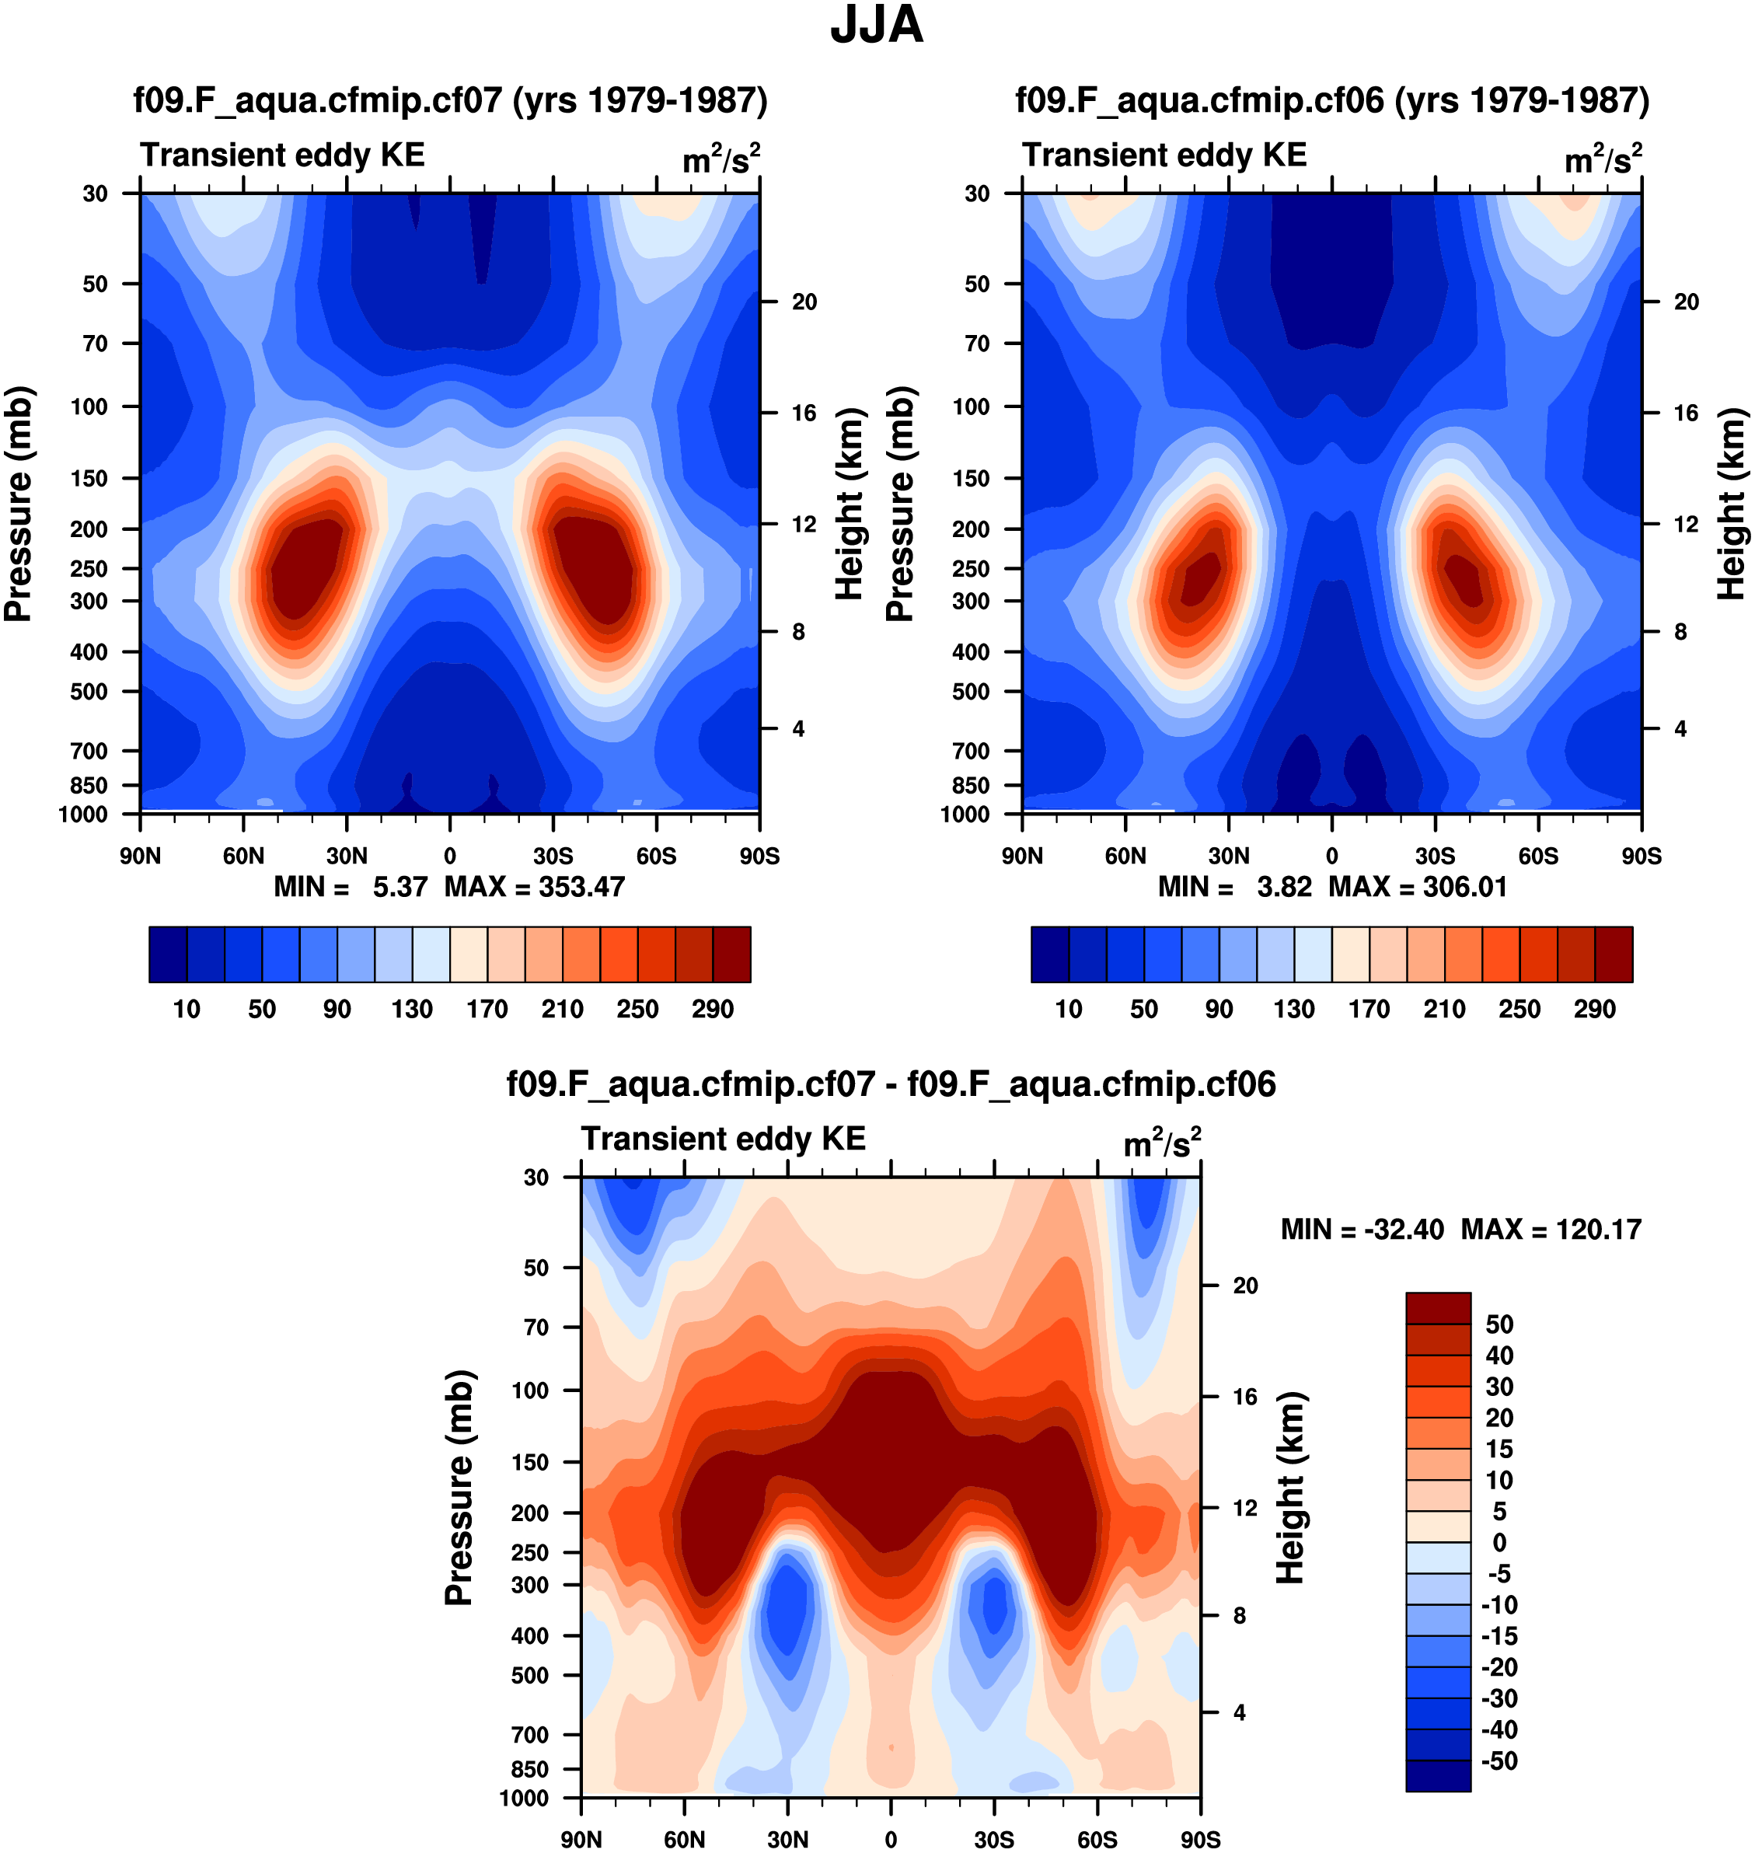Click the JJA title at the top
(x=877, y=25)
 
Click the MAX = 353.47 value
(x=534, y=887)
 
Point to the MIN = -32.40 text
(x=1362, y=1229)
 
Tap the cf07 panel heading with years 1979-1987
(x=450, y=100)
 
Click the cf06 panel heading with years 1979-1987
(x=1332, y=100)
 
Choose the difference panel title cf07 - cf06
(x=891, y=1084)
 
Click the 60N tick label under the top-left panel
(x=243, y=856)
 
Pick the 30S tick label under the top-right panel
(x=1435, y=856)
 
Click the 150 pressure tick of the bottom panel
(x=529, y=1462)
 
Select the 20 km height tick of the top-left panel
(x=804, y=302)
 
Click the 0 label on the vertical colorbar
(x=1499, y=1542)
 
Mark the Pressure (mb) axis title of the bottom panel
(x=459, y=1487)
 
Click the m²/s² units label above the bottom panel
(x=1162, y=1142)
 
